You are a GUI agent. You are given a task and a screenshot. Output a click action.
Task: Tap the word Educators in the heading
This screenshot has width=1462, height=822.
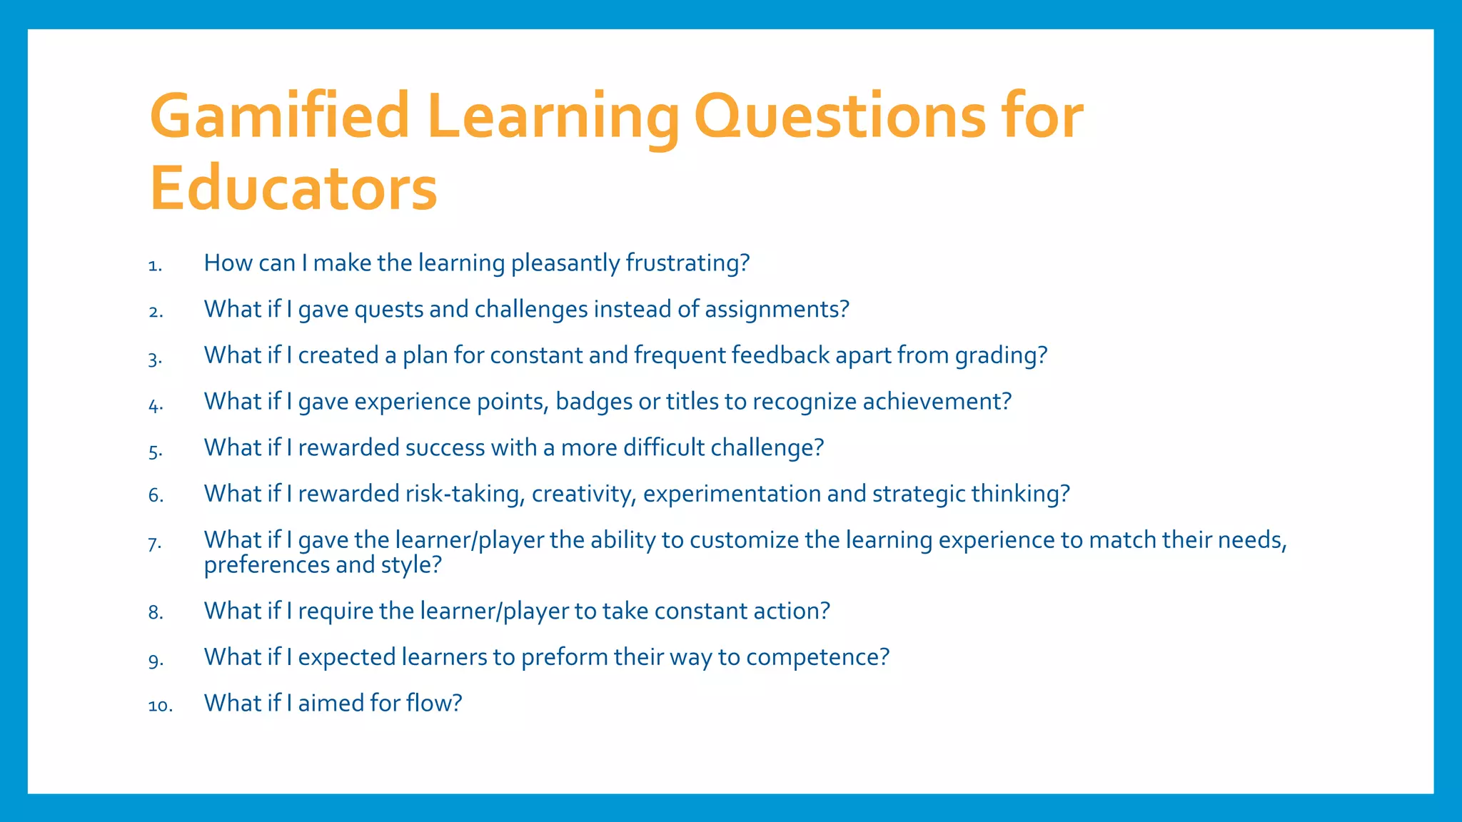293,189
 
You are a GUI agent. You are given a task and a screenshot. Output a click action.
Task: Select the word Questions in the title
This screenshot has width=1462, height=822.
840,117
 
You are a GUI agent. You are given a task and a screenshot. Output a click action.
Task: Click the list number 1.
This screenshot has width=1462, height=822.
155,266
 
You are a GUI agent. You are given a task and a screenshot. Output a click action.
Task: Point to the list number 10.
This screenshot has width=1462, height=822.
160,706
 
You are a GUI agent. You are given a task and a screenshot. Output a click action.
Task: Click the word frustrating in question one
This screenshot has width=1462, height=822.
687,263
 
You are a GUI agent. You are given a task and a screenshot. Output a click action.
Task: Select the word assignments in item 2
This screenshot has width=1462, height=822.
777,310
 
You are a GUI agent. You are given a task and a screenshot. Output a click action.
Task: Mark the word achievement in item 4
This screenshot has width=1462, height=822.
937,402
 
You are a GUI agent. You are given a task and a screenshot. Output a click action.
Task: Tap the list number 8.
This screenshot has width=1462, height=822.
156,613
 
